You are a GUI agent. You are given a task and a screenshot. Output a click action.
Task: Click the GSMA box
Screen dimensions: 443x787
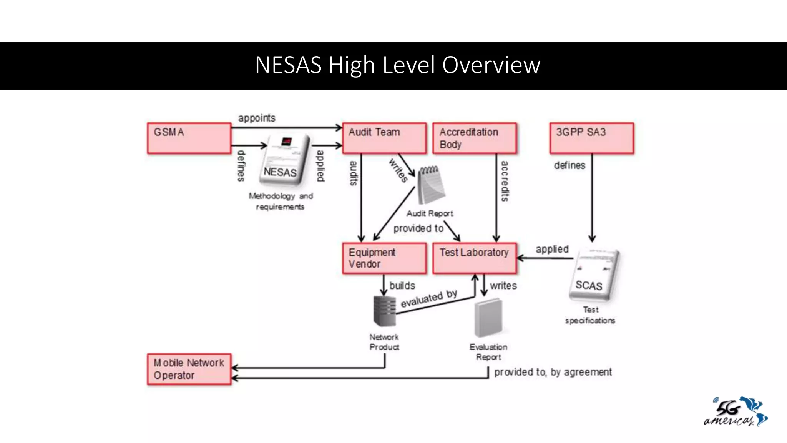pos(189,138)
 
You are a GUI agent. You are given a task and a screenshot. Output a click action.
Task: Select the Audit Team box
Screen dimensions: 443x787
pos(384,138)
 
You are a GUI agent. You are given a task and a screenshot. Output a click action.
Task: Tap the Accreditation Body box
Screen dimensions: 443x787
pos(475,138)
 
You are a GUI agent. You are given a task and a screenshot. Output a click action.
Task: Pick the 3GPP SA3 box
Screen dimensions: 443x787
pos(591,138)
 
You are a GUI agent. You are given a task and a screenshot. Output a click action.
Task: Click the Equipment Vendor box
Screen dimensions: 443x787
pos(384,258)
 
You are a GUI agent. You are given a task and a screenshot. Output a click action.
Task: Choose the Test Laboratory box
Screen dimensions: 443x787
pos(475,258)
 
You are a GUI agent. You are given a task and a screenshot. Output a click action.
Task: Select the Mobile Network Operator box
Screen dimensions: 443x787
pos(189,369)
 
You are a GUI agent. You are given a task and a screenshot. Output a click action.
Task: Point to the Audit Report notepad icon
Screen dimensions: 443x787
pos(432,186)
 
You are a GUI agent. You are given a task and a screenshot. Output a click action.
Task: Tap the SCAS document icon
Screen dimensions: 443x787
pos(594,275)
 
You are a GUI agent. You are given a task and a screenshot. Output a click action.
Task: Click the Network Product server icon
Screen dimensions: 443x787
pos(384,311)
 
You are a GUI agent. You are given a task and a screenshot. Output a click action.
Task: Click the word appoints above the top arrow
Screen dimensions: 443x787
pos(257,118)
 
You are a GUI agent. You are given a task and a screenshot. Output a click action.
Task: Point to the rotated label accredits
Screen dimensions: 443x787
pos(504,181)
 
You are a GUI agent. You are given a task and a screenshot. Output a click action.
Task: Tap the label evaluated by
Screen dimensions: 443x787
pos(429,298)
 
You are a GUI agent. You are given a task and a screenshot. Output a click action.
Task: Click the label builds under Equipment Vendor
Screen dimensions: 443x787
pos(402,286)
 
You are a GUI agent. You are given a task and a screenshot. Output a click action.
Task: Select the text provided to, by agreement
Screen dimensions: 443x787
pos(553,372)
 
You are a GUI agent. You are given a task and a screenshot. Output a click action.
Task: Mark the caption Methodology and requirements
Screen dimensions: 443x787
pos(281,201)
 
